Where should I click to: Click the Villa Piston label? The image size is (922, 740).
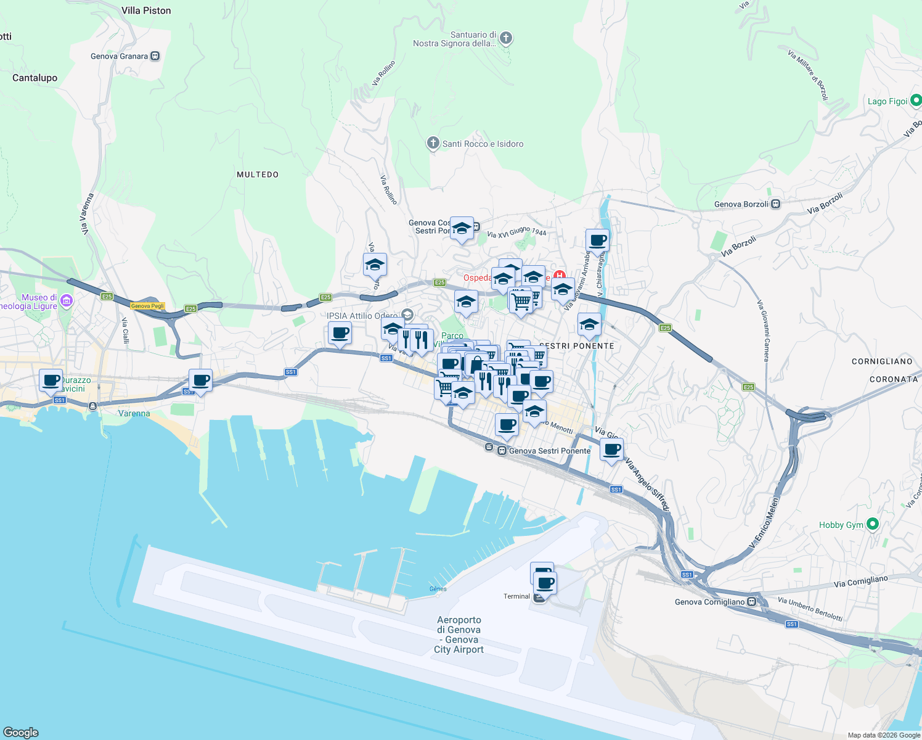click(x=146, y=10)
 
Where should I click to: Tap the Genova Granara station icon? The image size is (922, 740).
click(x=155, y=56)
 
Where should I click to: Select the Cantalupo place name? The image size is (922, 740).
click(x=35, y=78)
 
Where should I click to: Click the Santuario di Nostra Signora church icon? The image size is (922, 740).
click(x=506, y=38)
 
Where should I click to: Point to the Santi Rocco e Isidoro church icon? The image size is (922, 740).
click(x=433, y=144)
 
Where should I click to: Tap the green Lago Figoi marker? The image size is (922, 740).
click(x=915, y=101)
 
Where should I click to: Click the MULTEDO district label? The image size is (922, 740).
click(x=258, y=175)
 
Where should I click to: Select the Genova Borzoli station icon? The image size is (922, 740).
click(x=776, y=204)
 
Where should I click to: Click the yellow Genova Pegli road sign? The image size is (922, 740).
click(x=147, y=306)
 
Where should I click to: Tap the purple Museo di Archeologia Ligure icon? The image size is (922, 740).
click(x=67, y=302)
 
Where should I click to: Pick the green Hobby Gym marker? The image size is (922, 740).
click(x=872, y=524)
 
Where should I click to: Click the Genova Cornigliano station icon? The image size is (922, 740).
click(x=751, y=602)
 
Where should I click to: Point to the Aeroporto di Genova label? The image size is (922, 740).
click(x=459, y=635)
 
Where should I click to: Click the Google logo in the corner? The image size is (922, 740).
click(x=21, y=732)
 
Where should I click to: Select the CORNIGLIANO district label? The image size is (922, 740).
click(x=882, y=361)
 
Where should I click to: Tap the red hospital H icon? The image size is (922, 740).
click(x=559, y=276)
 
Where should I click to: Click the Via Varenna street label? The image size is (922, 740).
click(x=88, y=214)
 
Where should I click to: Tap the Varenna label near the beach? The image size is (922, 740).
click(x=134, y=413)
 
